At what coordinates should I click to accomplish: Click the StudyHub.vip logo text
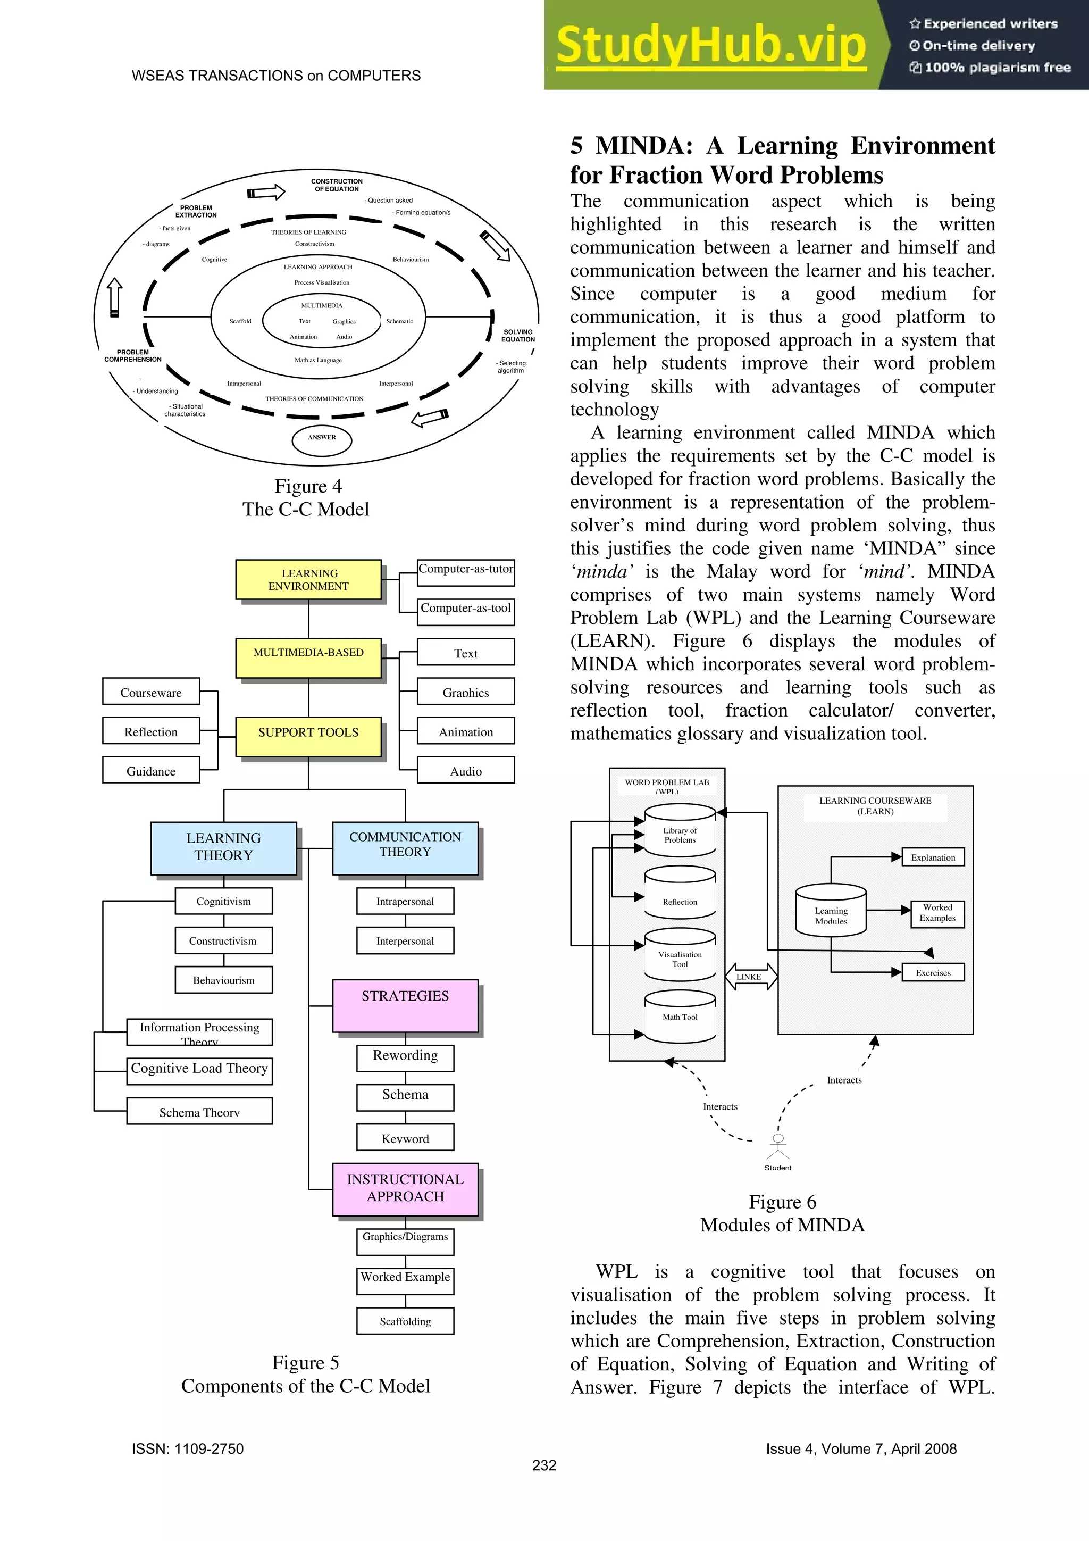711,46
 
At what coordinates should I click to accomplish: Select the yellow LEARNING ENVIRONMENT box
308,579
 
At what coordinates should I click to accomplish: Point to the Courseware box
151,692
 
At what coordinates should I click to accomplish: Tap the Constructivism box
223,940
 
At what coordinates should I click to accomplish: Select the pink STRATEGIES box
405,1005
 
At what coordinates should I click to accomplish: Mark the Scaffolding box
405,1320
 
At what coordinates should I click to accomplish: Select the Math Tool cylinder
680,1017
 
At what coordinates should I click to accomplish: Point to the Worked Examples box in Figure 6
937,913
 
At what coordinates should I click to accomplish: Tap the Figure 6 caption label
782,1202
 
